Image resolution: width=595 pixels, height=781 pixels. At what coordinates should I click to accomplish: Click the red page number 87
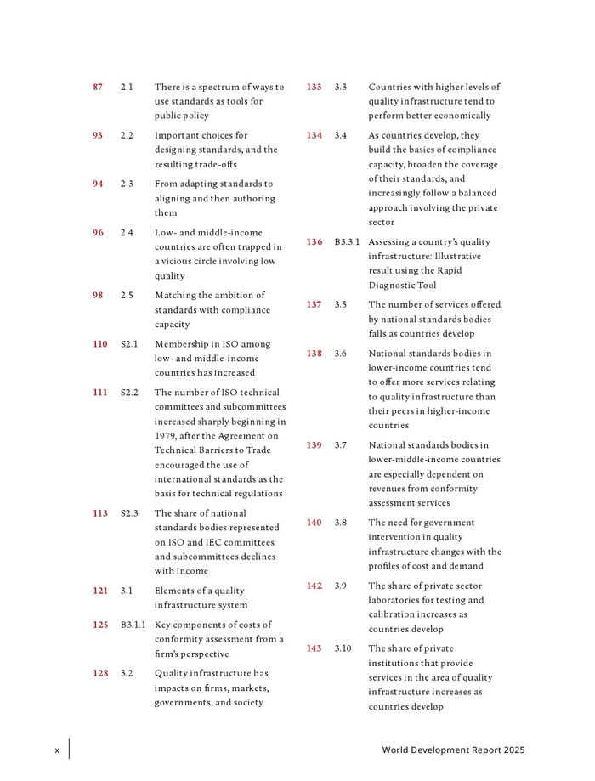[x=98, y=87]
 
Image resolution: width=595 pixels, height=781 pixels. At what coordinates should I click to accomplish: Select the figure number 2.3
[x=127, y=184]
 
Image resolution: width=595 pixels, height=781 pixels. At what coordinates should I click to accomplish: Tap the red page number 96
[x=98, y=232]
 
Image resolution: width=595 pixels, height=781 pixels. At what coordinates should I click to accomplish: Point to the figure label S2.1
[x=129, y=344]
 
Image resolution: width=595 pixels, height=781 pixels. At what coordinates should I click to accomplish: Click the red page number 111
[x=100, y=393]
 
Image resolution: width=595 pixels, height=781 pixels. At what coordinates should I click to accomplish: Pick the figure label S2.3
[x=129, y=513]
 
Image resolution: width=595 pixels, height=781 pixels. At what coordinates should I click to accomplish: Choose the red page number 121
[x=100, y=591]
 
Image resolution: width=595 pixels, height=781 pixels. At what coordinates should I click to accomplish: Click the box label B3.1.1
[x=133, y=625]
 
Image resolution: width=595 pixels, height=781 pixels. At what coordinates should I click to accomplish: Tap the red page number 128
[x=100, y=673]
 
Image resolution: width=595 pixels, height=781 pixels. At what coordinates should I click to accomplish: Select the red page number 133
[x=314, y=87]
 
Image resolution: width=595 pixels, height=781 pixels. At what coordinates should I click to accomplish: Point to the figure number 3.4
[x=341, y=135]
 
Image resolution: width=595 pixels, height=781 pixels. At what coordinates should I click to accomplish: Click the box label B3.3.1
[x=347, y=242]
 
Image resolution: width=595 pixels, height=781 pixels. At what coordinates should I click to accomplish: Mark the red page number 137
[x=314, y=304]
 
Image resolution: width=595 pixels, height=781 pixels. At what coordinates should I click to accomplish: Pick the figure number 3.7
[x=341, y=445]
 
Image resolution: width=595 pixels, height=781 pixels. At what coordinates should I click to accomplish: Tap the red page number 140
[x=314, y=523]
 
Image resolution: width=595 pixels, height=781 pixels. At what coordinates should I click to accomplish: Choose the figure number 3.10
[x=343, y=648]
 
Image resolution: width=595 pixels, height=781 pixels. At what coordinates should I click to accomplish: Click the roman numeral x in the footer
[x=57, y=750]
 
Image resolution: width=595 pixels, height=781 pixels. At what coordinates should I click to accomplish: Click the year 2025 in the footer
[x=514, y=750]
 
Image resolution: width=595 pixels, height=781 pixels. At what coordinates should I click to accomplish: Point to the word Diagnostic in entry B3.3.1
[x=394, y=286]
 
